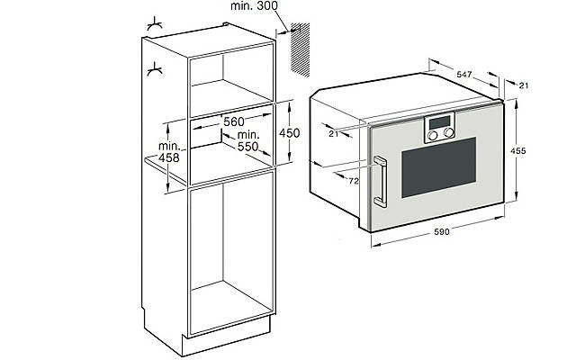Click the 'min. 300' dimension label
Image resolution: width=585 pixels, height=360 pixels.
click(255, 7)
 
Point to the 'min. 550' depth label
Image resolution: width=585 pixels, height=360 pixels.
click(241, 139)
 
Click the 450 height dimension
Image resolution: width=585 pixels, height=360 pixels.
click(289, 132)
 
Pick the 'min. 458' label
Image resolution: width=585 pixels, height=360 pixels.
click(167, 151)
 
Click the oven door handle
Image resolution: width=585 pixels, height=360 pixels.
click(382, 180)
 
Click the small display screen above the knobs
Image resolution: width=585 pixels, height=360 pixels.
click(439, 123)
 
